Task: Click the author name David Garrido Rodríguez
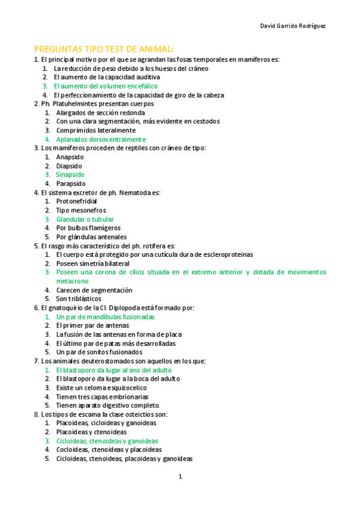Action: (293, 25)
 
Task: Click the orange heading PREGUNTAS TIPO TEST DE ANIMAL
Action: (104, 49)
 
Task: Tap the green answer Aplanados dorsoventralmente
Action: (101, 139)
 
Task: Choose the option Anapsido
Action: (69, 157)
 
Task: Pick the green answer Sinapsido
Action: (70, 174)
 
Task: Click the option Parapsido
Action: (71, 183)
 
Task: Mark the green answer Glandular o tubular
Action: (85, 219)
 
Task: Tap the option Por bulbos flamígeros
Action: (88, 228)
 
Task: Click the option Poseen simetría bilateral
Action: (93, 263)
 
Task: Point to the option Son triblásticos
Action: (79, 298)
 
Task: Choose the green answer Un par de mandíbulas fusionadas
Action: (105, 316)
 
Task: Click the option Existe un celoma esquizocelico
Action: (101, 388)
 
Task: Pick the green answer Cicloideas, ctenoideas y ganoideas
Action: (107, 441)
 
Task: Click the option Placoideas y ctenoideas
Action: (91, 432)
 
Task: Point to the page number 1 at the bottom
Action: (180, 477)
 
